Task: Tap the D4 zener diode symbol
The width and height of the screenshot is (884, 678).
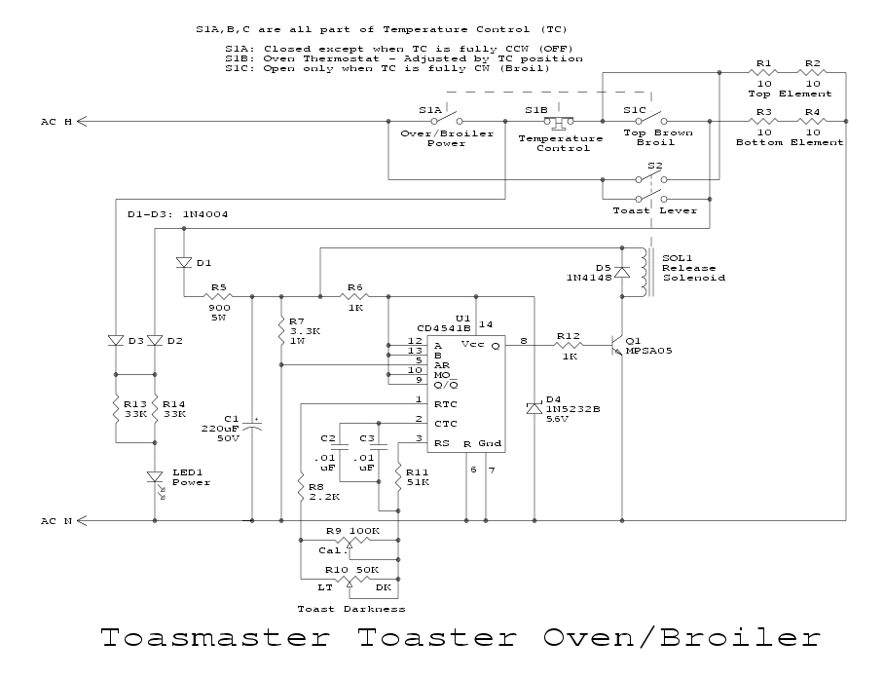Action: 534,407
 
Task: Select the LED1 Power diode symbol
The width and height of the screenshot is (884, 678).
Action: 154,476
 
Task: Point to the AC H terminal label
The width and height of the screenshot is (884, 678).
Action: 55,122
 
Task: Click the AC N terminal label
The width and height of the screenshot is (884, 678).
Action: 55,521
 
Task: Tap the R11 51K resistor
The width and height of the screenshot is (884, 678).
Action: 397,477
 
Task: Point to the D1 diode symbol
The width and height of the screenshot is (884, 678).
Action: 183,262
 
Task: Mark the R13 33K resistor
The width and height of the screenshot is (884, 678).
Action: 116,407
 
